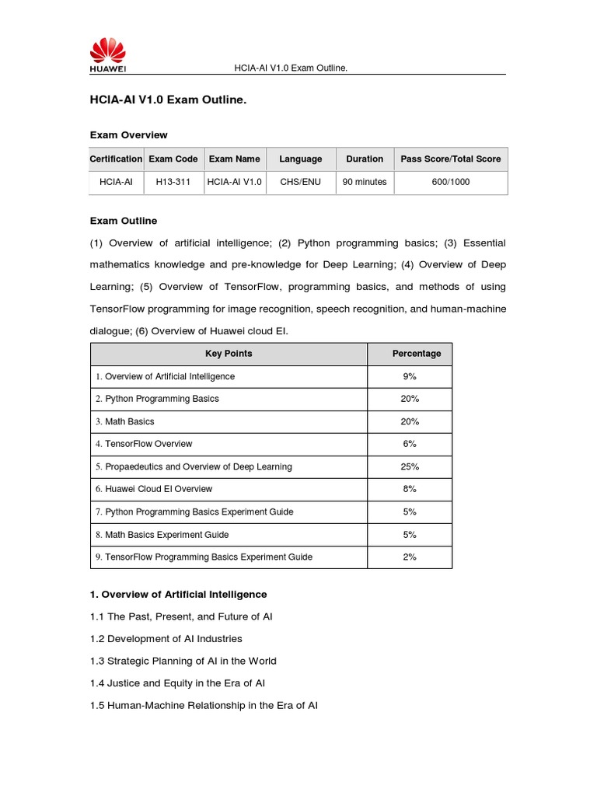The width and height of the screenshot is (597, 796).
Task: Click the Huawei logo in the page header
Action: pyautogui.click(x=109, y=57)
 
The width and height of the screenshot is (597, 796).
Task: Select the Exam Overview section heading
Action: pyautogui.click(x=129, y=135)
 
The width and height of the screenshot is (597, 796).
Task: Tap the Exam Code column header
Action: pyautogui.click(x=173, y=159)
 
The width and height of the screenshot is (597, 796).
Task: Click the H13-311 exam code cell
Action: pyautogui.click(x=173, y=182)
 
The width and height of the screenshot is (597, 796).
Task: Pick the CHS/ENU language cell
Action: pyautogui.click(x=300, y=182)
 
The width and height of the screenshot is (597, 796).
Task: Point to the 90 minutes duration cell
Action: pyautogui.click(x=365, y=182)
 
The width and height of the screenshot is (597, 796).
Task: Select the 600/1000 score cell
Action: pyautogui.click(x=450, y=182)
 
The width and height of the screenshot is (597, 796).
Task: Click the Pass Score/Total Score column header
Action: pyautogui.click(x=450, y=159)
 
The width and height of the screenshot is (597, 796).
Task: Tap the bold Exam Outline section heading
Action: pyautogui.click(x=124, y=221)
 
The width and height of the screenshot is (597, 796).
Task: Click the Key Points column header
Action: pyautogui.click(x=229, y=354)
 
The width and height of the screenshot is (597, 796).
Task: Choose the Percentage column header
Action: pyautogui.click(x=416, y=354)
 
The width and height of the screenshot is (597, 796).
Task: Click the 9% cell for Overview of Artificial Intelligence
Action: pyautogui.click(x=410, y=376)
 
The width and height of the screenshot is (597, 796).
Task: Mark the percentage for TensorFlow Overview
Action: pyautogui.click(x=410, y=444)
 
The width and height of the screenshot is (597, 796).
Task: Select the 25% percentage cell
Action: pyautogui.click(x=410, y=466)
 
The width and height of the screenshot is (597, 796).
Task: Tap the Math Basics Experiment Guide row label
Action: pyautogui.click(x=162, y=535)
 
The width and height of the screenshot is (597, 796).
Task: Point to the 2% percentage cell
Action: pyautogui.click(x=410, y=557)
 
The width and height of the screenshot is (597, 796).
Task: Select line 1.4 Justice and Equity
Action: pyautogui.click(x=178, y=683)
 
